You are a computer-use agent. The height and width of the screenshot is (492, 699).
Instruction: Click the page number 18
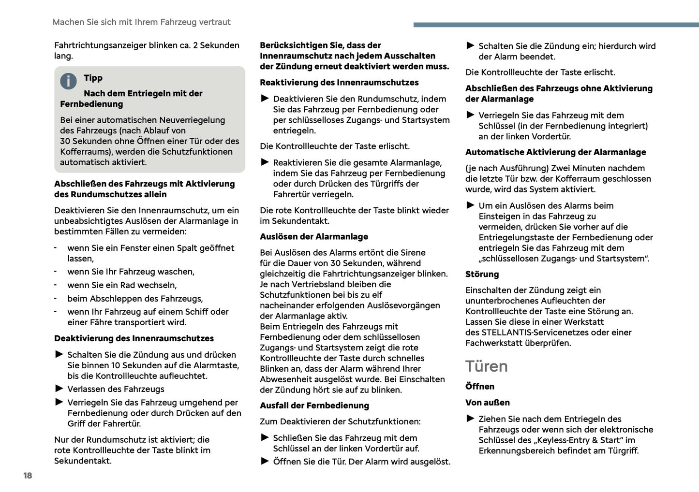tap(28, 476)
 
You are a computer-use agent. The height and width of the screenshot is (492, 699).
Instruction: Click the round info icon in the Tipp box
tap(68, 81)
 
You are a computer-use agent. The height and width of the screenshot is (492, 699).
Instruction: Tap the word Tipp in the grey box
tap(93, 78)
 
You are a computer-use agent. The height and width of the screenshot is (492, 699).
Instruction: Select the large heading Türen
tap(486, 366)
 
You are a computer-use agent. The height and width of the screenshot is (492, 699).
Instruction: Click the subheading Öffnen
tap(479, 386)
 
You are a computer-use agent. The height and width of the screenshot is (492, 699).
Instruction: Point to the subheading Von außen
tap(487, 403)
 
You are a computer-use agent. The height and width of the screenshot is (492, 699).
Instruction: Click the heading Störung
tap(482, 274)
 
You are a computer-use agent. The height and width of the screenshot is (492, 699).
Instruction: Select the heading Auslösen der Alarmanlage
tap(313, 236)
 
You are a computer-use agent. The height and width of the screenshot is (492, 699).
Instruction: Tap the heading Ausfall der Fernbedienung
tap(314, 405)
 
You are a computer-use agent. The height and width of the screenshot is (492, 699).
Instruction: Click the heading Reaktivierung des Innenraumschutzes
tap(339, 83)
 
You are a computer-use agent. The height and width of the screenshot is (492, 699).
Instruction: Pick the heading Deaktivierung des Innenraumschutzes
tap(134, 338)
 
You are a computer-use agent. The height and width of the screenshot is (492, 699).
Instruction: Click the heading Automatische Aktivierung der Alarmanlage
tap(555, 152)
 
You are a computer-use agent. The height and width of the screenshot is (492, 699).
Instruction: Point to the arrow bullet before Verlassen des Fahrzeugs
tap(59, 389)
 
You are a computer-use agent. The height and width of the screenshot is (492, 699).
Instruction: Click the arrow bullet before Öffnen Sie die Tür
tap(265, 461)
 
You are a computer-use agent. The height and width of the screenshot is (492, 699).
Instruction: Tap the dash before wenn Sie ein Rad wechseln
tap(56, 285)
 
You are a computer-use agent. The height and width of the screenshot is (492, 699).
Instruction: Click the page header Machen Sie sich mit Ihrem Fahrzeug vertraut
tap(141, 22)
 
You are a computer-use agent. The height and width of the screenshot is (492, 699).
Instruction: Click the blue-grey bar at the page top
tap(556, 25)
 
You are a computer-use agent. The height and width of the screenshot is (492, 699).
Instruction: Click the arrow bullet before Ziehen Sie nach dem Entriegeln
tap(470, 419)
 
